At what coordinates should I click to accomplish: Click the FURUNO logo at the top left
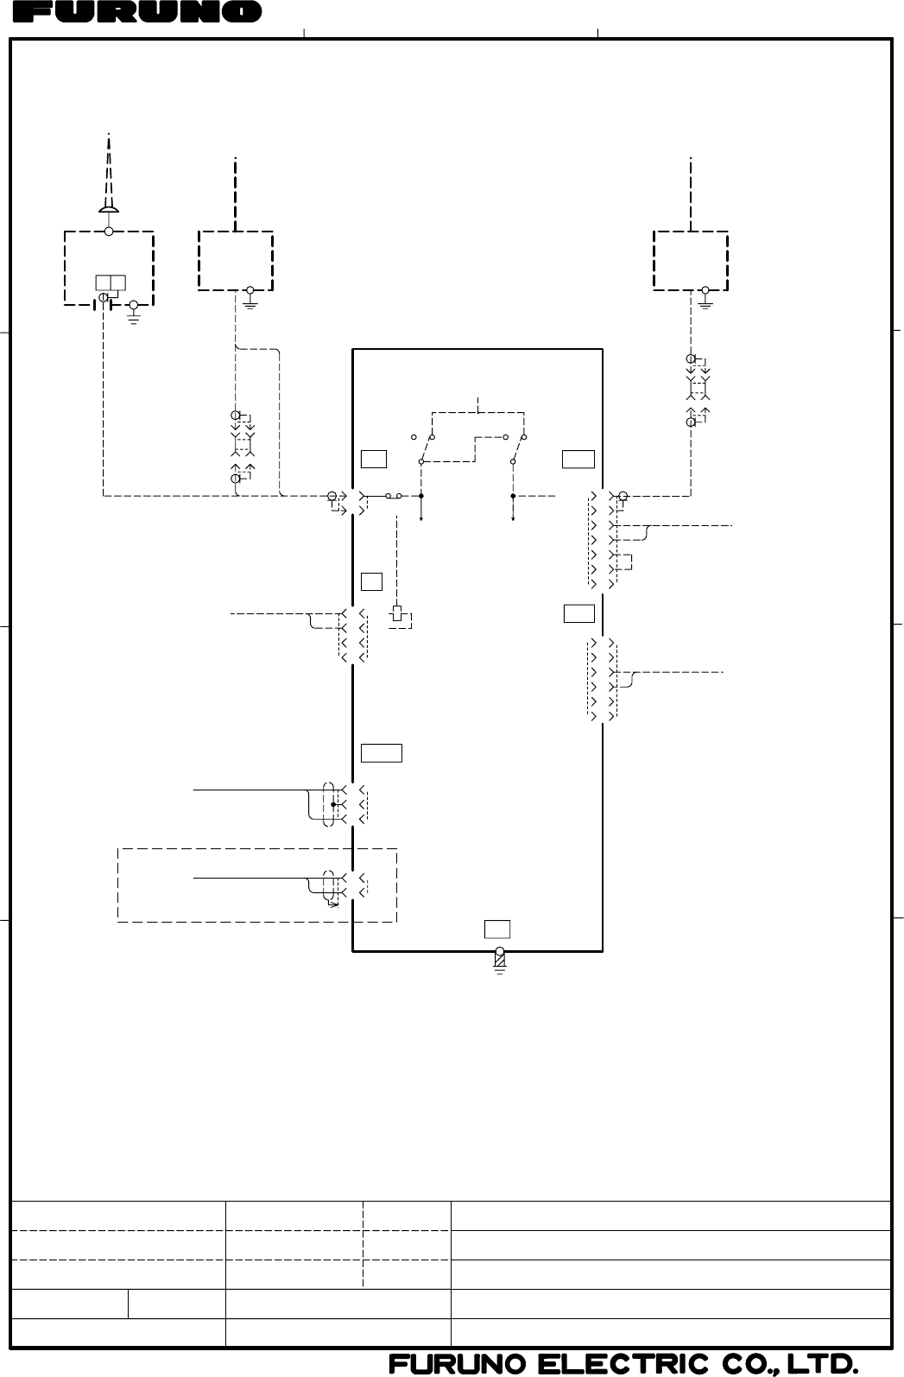tap(138, 12)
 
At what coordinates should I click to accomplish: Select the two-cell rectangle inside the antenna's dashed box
tap(111, 282)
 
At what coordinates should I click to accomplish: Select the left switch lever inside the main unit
tap(426, 449)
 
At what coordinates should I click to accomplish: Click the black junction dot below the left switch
tap(421, 497)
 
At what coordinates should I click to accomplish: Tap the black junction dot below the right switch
tap(513, 497)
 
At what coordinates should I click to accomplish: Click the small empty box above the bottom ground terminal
tap(497, 930)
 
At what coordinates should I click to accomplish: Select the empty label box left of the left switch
tap(374, 459)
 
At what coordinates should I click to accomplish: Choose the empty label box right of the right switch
tap(578, 459)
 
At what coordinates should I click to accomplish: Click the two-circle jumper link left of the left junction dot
tap(394, 497)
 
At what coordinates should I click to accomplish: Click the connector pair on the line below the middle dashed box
tap(243, 446)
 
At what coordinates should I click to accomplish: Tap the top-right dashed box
tap(691, 260)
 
